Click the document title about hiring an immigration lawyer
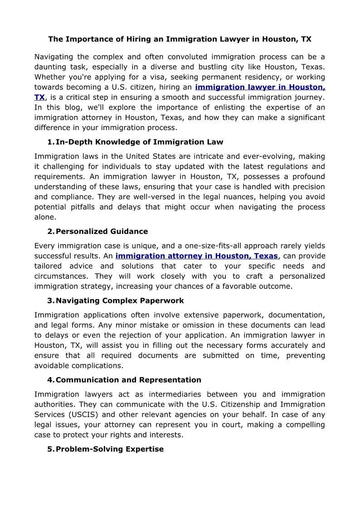(x=180, y=39)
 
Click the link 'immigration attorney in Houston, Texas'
(x=196, y=256)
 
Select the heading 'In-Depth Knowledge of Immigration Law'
(x=139, y=142)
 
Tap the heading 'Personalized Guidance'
(x=102, y=231)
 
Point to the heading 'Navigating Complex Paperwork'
(x=120, y=301)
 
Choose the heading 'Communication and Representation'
(x=128, y=380)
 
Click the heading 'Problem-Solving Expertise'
(x=109, y=449)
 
